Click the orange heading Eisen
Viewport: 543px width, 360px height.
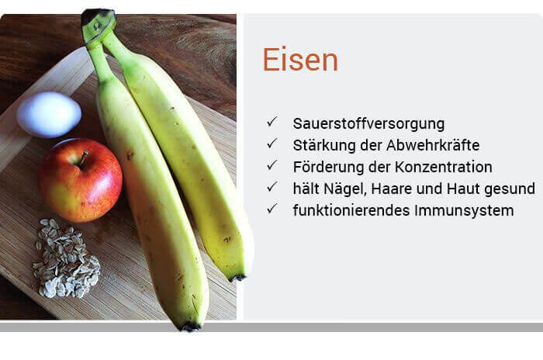[x=300, y=60]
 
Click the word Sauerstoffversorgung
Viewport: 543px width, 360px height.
[x=368, y=124]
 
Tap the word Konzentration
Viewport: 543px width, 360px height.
[x=444, y=167]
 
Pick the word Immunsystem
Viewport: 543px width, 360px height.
[x=464, y=211]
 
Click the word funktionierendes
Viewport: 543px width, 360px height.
[x=351, y=210]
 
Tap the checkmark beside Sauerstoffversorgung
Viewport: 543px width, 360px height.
[x=272, y=122]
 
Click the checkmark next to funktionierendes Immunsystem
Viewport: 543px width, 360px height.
[x=272, y=209]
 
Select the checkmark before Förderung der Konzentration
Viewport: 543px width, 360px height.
[x=272, y=165]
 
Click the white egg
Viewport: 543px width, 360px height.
[x=49, y=114]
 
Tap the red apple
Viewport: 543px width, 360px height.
[x=81, y=180]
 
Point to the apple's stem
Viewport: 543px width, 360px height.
[x=83, y=159]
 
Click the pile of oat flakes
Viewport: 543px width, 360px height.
[x=66, y=259]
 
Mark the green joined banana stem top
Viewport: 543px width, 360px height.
[x=97, y=24]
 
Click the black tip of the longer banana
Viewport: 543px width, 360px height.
[x=190, y=327]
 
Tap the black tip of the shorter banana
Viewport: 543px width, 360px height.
[x=238, y=278]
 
